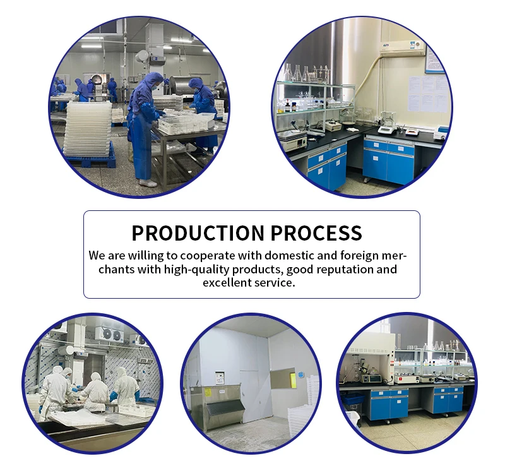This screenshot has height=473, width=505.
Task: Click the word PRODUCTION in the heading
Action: pyautogui.click(x=198, y=233)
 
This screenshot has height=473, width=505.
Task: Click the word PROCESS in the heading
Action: pyautogui.click(x=316, y=233)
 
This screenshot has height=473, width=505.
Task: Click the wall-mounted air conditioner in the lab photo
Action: pyautogui.click(x=403, y=48)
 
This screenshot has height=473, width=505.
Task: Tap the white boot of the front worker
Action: pyautogui.click(x=148, y=183)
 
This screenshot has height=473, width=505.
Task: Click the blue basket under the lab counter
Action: pyautogui.click(x=352, y=400)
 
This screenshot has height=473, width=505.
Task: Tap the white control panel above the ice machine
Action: pyautogui.click(x=220, y=378)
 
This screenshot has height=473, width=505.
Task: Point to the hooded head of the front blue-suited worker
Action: pyautogui.click(x=153, y=80)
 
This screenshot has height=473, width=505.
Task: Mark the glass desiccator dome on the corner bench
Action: pyautogui.click(x=348, y=116)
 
